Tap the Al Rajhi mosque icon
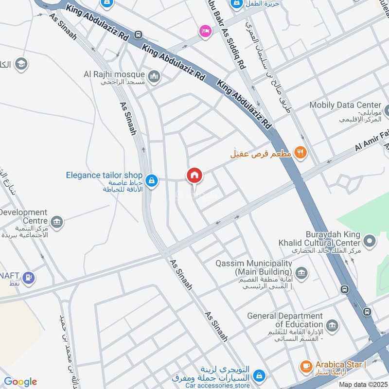coord(155,77)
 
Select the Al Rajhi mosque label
coord(114,74)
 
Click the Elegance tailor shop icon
coord(152,181)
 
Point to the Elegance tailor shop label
coord(104,175)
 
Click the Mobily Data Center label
coord(345,105)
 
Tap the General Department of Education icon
coord(333,325)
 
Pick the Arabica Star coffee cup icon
coord(306,366)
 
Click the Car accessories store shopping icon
coord(260,375)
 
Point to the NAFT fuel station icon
coord(29,278)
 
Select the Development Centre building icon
coord(57,222)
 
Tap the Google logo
coord(20,382)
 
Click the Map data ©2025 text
coord(362,384)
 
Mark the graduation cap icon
coord(21,64)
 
